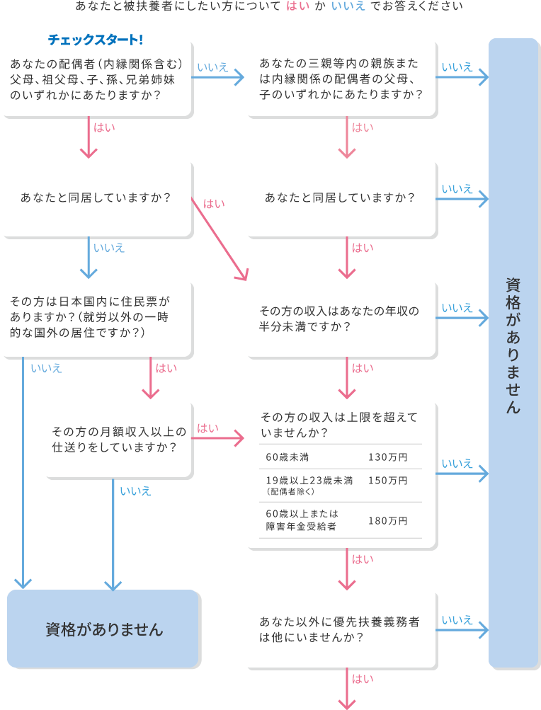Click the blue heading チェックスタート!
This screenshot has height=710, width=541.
click(95, 40)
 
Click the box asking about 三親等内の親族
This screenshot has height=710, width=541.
click(341, 79)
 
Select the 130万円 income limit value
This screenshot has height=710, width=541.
click(387, 457)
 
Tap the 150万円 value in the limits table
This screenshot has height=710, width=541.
click(387, 481)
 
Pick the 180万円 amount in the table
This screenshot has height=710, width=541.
click(387, 520)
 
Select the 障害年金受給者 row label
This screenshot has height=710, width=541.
click(301, 526)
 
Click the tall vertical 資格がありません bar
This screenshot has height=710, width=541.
click(514, 354)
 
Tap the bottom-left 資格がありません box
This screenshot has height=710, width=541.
click(104, 629)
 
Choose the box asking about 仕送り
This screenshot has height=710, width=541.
click(118, 439)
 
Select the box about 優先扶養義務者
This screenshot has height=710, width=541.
click(341, 629)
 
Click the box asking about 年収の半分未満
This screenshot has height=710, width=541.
click(341, 319)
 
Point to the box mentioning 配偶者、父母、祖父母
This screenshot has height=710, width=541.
click(96, 79)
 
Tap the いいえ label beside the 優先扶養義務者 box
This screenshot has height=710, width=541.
click(457, 620)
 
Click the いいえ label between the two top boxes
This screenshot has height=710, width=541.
click(212, 67)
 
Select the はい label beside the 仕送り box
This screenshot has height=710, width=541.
click(207, 428)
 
